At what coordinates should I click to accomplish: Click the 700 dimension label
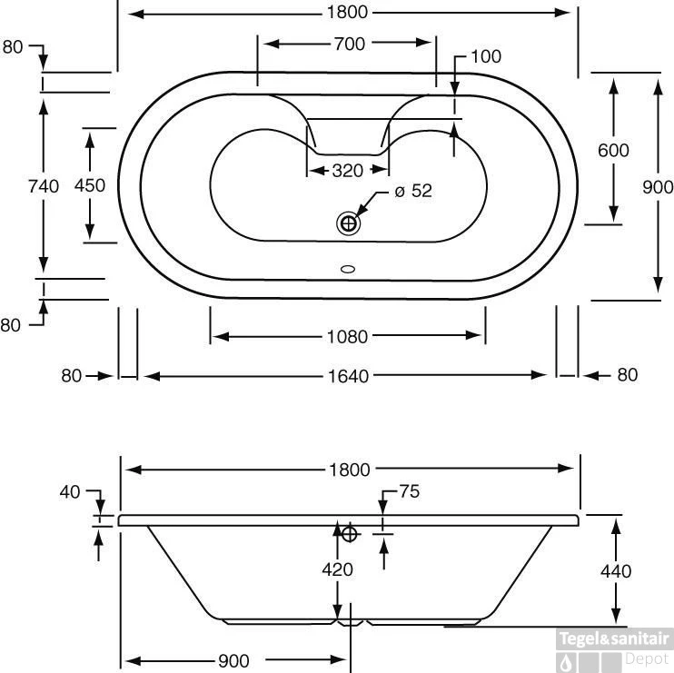pos(350,44)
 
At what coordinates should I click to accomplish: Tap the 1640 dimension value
pos(350,375)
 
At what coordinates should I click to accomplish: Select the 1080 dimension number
pos(347,337)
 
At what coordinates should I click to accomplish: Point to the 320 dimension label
pos(348,171)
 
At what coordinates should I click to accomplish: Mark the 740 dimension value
pos(44,186)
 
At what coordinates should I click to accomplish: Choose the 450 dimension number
pos(90,185)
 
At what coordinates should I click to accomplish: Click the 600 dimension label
pos(613,150)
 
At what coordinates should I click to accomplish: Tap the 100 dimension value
pos(486,56)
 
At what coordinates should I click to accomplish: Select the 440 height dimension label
pos(616,571)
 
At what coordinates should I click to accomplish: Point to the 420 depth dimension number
pos(337,570)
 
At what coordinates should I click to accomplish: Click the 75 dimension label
pos(409,492)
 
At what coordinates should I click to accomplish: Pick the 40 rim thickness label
pos(69,492)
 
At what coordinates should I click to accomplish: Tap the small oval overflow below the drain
pos(347,269)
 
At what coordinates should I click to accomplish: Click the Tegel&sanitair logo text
pos(614,638)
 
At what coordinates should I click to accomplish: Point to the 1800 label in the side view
pos(350,470)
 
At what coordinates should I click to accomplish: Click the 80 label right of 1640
pos(627,375)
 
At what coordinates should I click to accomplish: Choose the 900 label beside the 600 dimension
pos(658,187)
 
